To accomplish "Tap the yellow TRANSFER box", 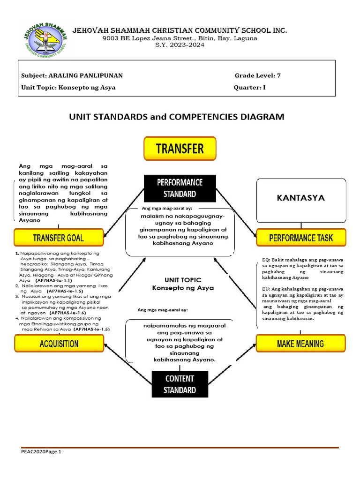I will click(180, 149).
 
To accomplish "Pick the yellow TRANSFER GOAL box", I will click(59, 238).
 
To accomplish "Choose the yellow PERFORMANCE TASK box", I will click(301, 238).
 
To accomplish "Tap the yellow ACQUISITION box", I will click(59, 344).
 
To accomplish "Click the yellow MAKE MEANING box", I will click(300, 344).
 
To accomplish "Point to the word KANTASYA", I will click(300, 198).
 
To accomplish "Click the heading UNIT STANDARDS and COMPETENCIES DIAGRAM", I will click(177, 117).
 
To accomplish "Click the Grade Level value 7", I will click(279, 75).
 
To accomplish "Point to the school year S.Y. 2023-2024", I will click(180, 46).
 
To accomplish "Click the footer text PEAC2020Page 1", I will click(41, 452).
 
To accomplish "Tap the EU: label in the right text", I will click(266, 289).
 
